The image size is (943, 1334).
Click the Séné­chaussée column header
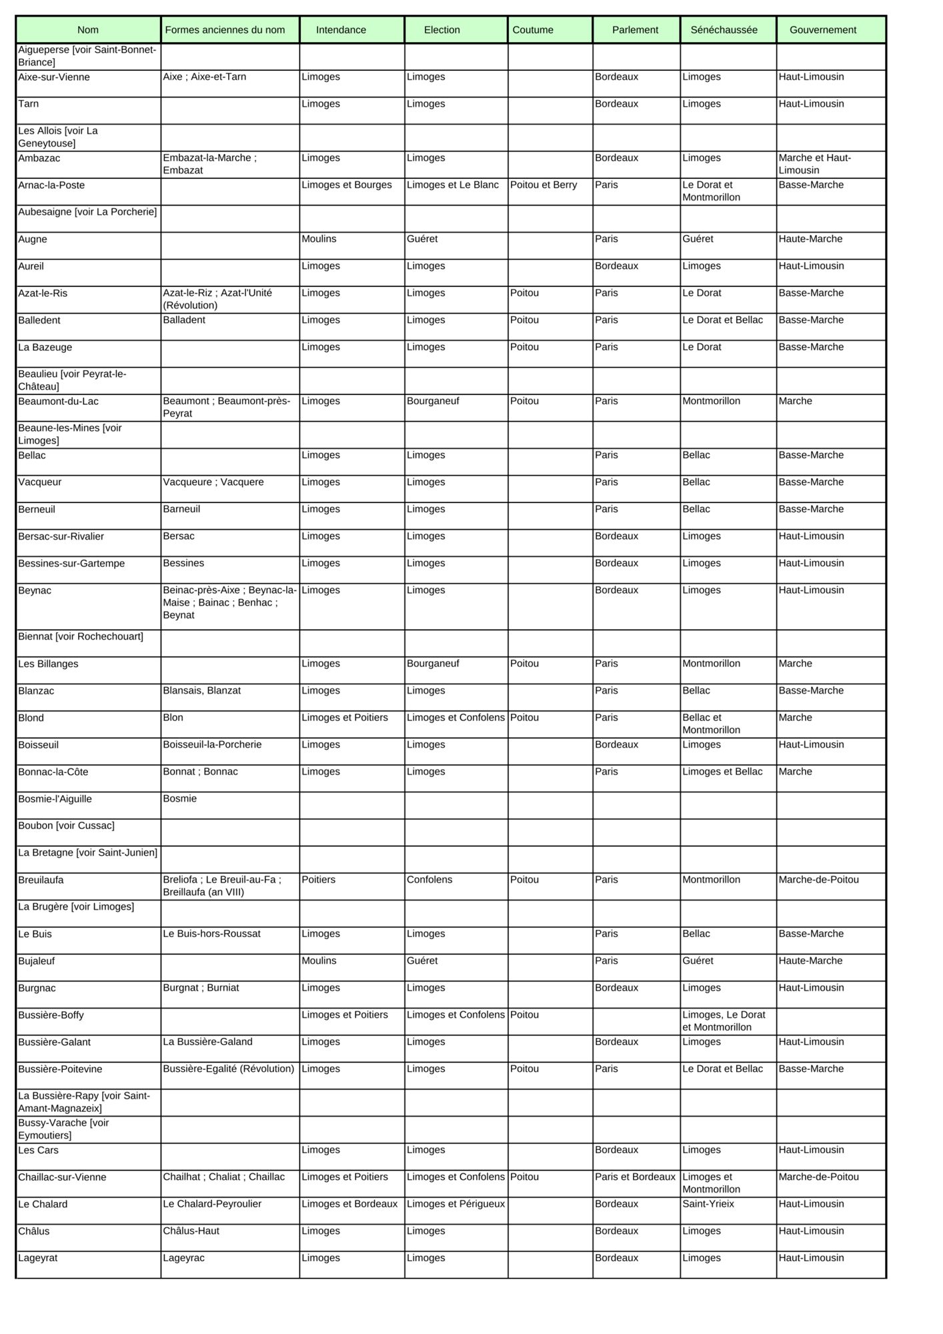724,30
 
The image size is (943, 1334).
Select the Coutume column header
533,30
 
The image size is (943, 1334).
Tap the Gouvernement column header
822,30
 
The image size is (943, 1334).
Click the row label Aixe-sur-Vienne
54,77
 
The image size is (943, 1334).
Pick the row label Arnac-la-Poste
51,185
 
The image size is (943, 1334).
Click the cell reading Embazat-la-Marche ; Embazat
210,164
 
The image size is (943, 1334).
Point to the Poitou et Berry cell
544,185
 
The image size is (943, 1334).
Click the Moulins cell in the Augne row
319,239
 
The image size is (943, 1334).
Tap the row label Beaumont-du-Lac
59,402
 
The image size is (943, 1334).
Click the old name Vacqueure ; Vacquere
213,482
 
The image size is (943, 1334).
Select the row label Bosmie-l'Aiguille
55,799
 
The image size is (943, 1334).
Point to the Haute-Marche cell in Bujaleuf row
810,961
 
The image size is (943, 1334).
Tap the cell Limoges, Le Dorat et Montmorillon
724,1021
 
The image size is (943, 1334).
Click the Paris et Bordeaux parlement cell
635,1177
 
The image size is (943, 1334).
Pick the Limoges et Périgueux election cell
455,1204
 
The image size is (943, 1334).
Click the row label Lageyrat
38,1258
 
